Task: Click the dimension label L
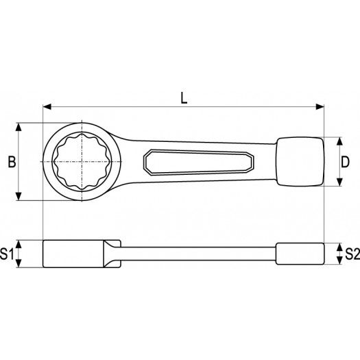pos(183,98)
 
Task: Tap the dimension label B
pos(10,162)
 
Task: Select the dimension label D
pos(346,162)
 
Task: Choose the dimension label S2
pos(351,254)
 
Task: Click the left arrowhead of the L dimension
pos(47,106)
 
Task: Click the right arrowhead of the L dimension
pos(320,106)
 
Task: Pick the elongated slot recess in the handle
pos(199,162)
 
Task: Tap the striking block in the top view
pos(300,162)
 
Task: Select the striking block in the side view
pos(300,254)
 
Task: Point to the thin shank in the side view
pos(199,254)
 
